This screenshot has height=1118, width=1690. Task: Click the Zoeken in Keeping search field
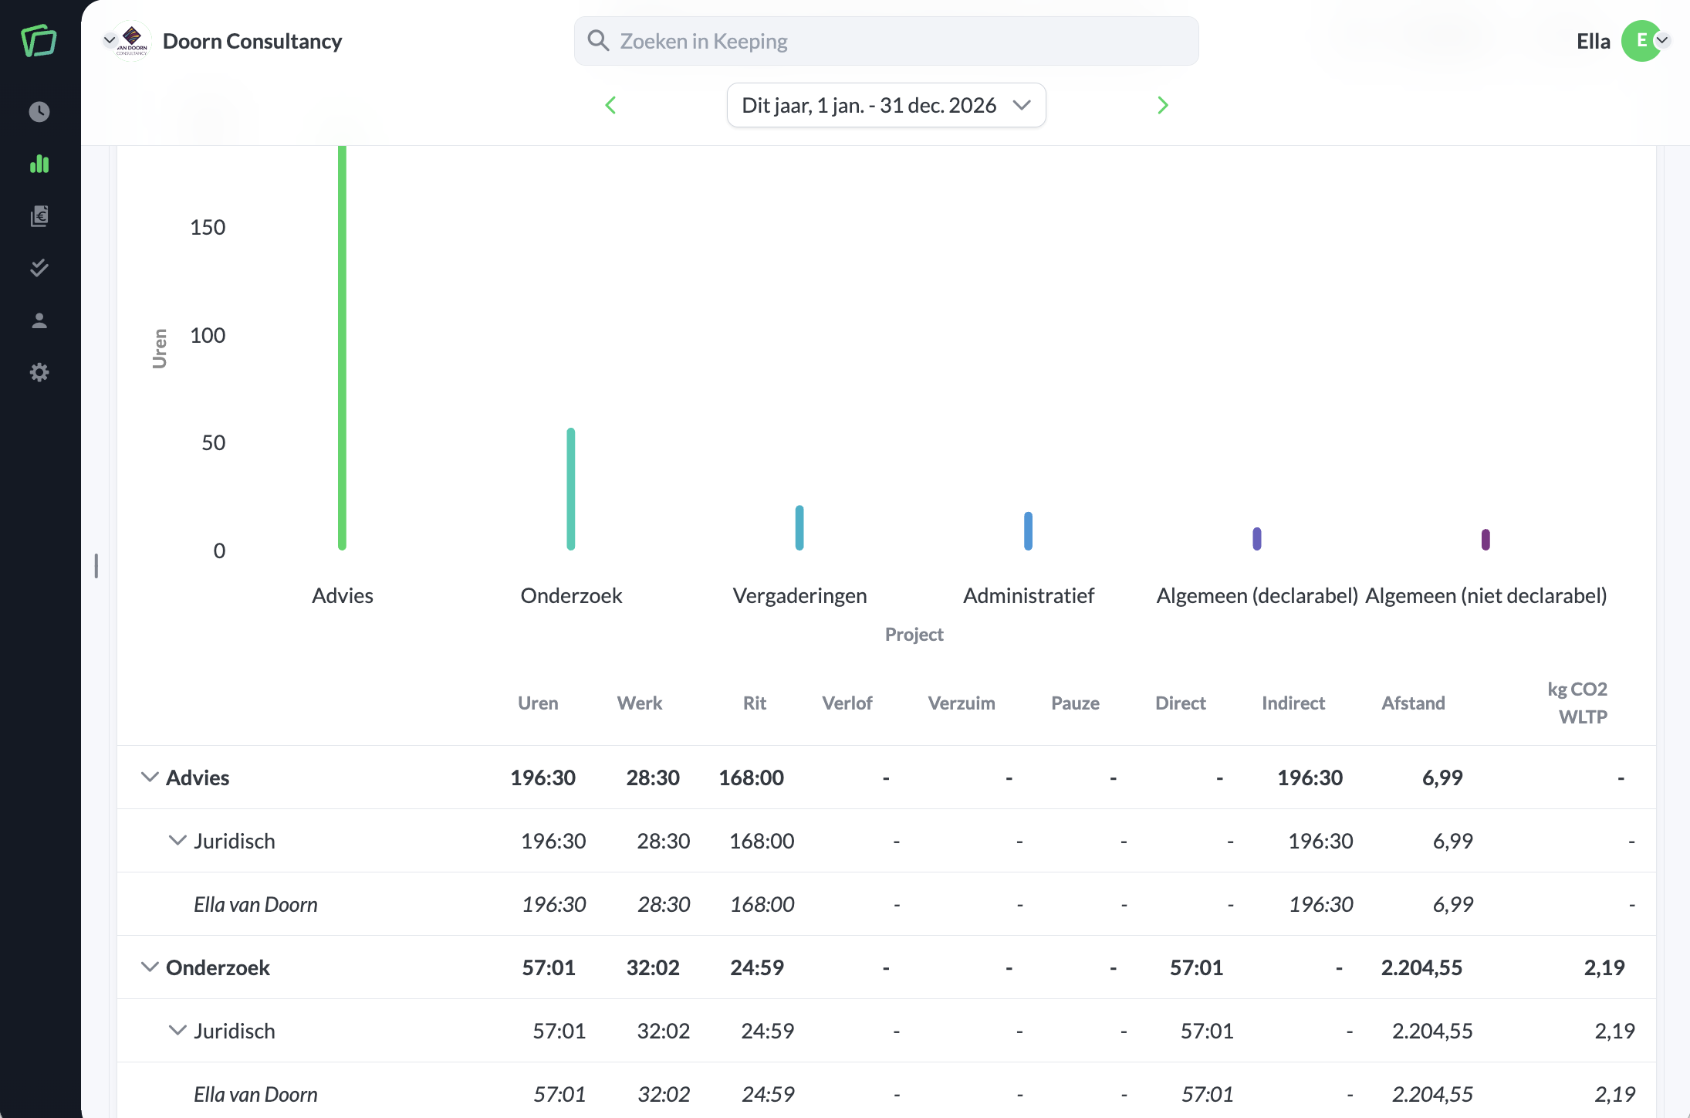click(886, 41)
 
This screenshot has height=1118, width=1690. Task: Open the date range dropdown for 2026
click(886, 105)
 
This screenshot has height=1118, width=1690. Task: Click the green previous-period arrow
click(610, 105)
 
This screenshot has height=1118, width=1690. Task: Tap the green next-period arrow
click(1163, 105)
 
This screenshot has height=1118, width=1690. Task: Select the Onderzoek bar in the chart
click(571, 489)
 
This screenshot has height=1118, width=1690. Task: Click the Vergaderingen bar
click(799, 527)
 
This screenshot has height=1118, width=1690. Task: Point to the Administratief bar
click(1028, 530)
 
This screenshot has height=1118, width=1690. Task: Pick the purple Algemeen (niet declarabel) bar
click(1486, 539)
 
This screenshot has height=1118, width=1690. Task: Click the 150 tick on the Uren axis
click(208, 227)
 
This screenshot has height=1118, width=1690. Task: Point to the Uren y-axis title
click(160, 349)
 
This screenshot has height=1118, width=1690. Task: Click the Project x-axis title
click(914, 635)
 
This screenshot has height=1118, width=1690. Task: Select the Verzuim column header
click(962, 703)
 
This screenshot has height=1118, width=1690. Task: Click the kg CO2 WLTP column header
click(1578, 703)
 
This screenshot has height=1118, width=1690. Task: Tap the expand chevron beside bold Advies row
click(150, 777)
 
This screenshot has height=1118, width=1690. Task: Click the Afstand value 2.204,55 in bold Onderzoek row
click(1421, 967)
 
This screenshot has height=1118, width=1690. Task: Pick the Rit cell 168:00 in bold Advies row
click(751, 778)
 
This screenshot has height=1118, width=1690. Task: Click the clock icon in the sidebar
click(39, 112)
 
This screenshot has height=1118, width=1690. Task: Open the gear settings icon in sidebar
click(39, 373)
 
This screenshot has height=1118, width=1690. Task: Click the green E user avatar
click(1641, 41)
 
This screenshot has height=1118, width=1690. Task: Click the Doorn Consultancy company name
click(252, 41)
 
